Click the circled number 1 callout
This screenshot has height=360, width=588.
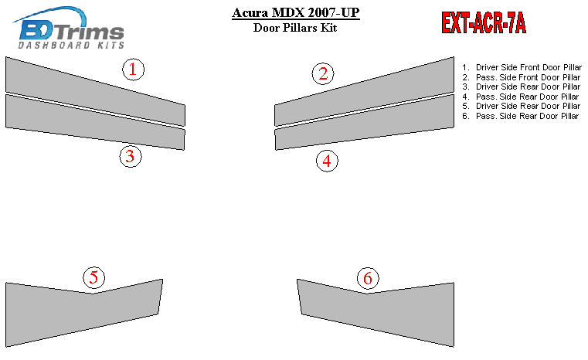pos(133,70)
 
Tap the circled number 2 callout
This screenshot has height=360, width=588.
pos(323,73)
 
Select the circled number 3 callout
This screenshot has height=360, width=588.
pos(131,156)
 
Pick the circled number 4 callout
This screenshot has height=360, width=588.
pos(327,161)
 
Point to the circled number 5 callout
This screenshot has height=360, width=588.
pos(93,277)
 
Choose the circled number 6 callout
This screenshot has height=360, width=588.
pos(368,278)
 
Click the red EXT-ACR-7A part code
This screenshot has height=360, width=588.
pos(484,23)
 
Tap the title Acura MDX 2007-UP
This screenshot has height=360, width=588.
pos(295,13)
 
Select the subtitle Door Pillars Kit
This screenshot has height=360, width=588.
pos(295,28)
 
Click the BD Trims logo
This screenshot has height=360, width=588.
pos(70,27)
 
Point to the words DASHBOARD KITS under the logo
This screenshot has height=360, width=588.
pos(71,46)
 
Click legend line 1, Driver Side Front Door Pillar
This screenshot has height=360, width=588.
pos(522,67)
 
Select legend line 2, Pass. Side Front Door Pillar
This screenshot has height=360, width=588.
pos(521,77)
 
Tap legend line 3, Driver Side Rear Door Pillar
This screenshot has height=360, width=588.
pos(521,87)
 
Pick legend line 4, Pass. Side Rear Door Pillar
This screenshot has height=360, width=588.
pos(520,97)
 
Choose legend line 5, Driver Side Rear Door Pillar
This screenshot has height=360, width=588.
pos(521,106)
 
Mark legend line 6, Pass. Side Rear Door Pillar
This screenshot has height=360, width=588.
pos(520,116)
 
